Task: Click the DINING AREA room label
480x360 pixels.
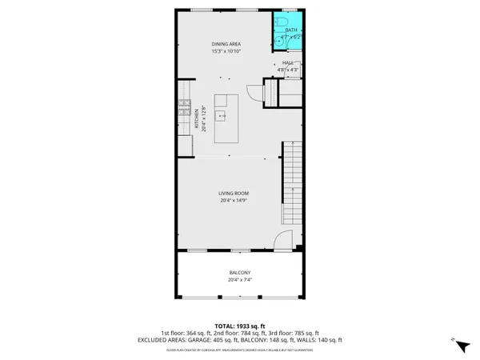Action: click(x=226, y=43)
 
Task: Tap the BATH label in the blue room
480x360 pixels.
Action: click(x=290, y=30)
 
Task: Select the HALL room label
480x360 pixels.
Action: click(x=287, y=62)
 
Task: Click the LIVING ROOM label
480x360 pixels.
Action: click(x=234, y=194)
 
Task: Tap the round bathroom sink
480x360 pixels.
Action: click(x=278, y=38)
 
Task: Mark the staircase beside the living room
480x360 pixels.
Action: click(x=293, y=180)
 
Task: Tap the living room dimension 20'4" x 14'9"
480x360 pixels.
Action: click(x=235, y=201)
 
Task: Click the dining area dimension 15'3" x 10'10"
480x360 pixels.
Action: click(x=226, y=50)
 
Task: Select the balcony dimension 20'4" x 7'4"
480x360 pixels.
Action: click(x=240, y=280)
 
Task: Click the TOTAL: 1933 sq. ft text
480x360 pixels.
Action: click(x=240, y=326)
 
